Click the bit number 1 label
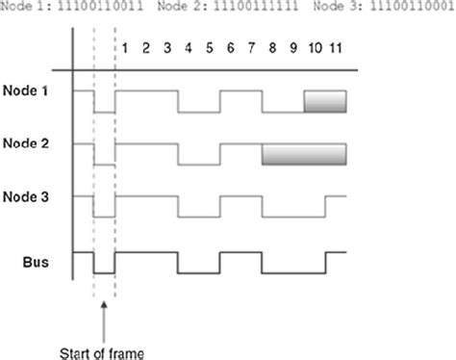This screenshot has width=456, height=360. coord(125,48)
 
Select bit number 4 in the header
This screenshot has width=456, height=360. coord(189,48)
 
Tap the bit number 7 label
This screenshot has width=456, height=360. coord(251,48)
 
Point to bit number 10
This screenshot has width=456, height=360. coord(315,48)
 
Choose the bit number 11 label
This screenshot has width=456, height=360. coord(336,48)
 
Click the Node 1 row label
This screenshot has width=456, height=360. coord(25,90)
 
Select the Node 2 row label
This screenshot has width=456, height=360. coord(26,143)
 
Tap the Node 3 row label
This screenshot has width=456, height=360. coord(26,196)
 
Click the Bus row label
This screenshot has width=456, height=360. coord(36,262)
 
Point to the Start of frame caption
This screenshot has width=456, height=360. coord(102,353)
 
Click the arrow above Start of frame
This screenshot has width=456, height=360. coord(104,321)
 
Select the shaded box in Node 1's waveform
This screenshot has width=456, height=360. coord(325,102)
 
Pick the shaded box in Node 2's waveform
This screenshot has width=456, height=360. coord(304,155)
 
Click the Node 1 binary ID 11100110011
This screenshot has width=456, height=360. coord(100,6)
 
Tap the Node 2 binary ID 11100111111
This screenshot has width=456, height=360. coord(256,6)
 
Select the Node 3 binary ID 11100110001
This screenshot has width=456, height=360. coord(412,6)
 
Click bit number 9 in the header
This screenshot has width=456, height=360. coord(293,48)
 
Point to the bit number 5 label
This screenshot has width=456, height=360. coord(210,48)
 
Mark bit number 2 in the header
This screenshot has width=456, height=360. coord(146,48)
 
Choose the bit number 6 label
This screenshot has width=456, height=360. coord(231,48)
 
